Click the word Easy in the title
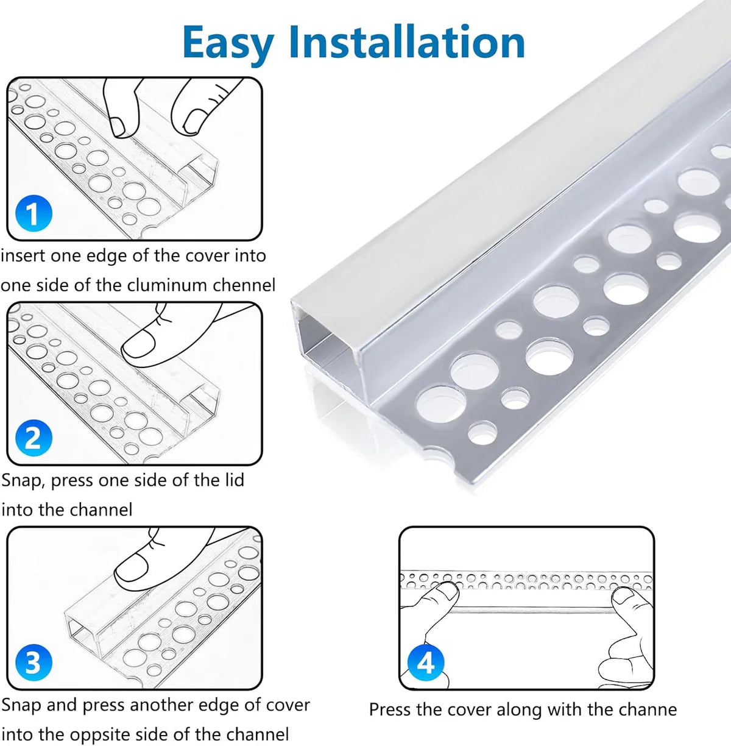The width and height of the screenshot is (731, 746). click(228, 43)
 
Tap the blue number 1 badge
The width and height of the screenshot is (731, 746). click(33, 213)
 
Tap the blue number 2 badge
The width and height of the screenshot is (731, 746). click(33, 438)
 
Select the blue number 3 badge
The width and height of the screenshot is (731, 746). click(33, 663)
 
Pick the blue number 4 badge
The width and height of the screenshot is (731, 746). click(425, 662)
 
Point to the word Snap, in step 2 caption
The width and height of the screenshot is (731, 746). click(23, 480)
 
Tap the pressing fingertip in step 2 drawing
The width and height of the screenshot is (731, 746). click(138, 344)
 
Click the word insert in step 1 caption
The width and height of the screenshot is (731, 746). click(23, 255)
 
